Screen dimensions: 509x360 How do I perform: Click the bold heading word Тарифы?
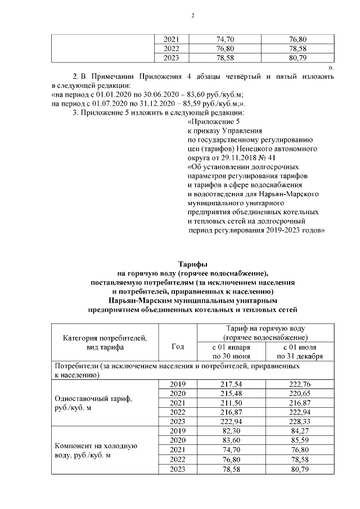coord(192,263)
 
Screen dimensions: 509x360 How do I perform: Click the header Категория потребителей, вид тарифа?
coord(105,343)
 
